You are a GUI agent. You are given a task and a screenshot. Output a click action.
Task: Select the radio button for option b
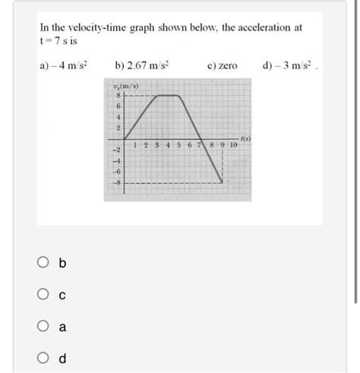[x=42, y=264]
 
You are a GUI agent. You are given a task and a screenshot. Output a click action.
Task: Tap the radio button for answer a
[x=42, y=327]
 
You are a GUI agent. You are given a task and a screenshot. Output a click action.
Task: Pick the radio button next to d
[x=42, y=359]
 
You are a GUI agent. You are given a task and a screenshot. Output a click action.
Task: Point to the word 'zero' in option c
[x=225, y=67]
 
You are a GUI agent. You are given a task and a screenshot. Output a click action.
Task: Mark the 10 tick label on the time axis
[x=233, y=145]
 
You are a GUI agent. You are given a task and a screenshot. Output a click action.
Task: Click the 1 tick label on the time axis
[x=134, y=145]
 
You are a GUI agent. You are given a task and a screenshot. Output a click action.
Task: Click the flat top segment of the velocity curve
[x=167, y=95]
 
